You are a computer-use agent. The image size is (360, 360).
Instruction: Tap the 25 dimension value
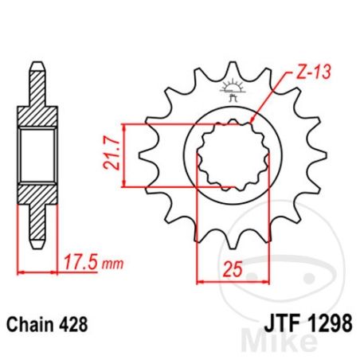coord(233,269)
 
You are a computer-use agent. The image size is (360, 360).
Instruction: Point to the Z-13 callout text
coord(314,72)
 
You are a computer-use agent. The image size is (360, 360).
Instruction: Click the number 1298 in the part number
coord(330,323)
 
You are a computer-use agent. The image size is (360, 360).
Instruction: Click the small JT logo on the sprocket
coord(233,90)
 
